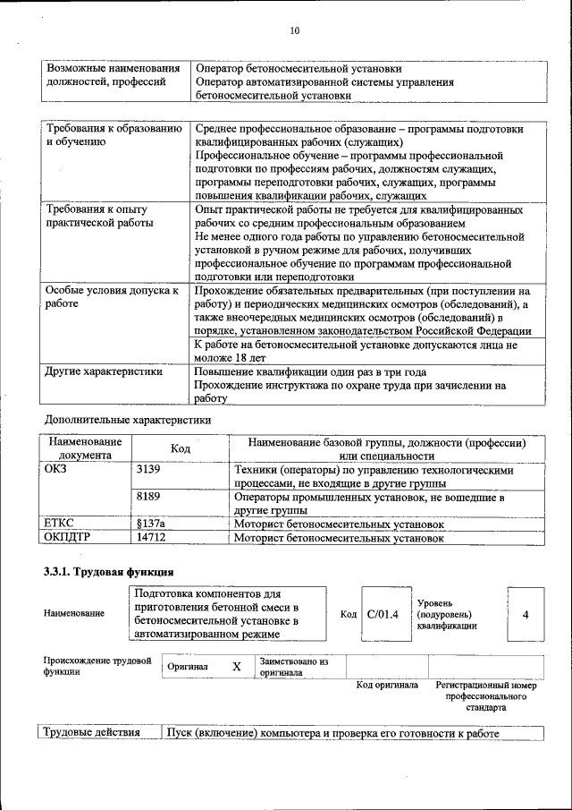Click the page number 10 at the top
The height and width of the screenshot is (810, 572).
[295, 31]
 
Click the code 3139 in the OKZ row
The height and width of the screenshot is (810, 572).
[149, 469]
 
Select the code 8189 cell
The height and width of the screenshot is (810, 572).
[149, 496]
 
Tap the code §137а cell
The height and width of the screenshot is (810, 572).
[151, 523]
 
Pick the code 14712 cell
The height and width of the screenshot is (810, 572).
[151, 538]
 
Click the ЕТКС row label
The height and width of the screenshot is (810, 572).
[59, 523]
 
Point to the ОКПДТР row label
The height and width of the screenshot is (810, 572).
[68, 538]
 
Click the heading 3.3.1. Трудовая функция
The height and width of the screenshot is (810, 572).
[109, 572]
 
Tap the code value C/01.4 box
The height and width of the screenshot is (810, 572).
[382, 615]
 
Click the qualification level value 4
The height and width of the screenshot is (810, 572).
[526, 615]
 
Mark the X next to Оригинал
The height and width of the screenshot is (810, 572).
[237, 667]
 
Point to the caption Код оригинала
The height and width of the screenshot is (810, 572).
[387, 686]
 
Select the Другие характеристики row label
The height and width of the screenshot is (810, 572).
[104, 372]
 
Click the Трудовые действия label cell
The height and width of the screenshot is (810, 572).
[93, 733]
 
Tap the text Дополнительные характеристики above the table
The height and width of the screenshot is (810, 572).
[127, 419]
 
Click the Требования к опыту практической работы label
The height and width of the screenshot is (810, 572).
[97, 216]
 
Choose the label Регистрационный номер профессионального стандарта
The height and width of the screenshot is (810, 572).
[486, 695]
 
